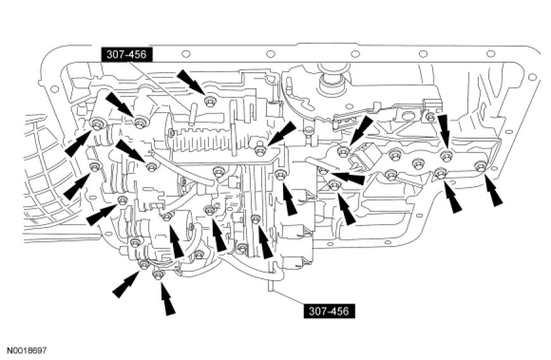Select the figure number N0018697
(27, 349)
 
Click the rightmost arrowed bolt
(480, 167)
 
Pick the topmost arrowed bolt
(210, 100)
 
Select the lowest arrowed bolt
(159, 274)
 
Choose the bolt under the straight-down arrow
(446, 154)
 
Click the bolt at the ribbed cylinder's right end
(260, 150)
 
